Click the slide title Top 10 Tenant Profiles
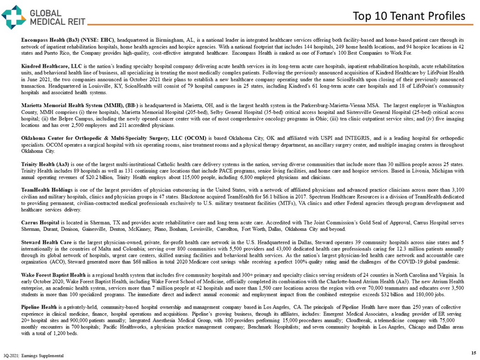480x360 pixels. pos(405,17)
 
